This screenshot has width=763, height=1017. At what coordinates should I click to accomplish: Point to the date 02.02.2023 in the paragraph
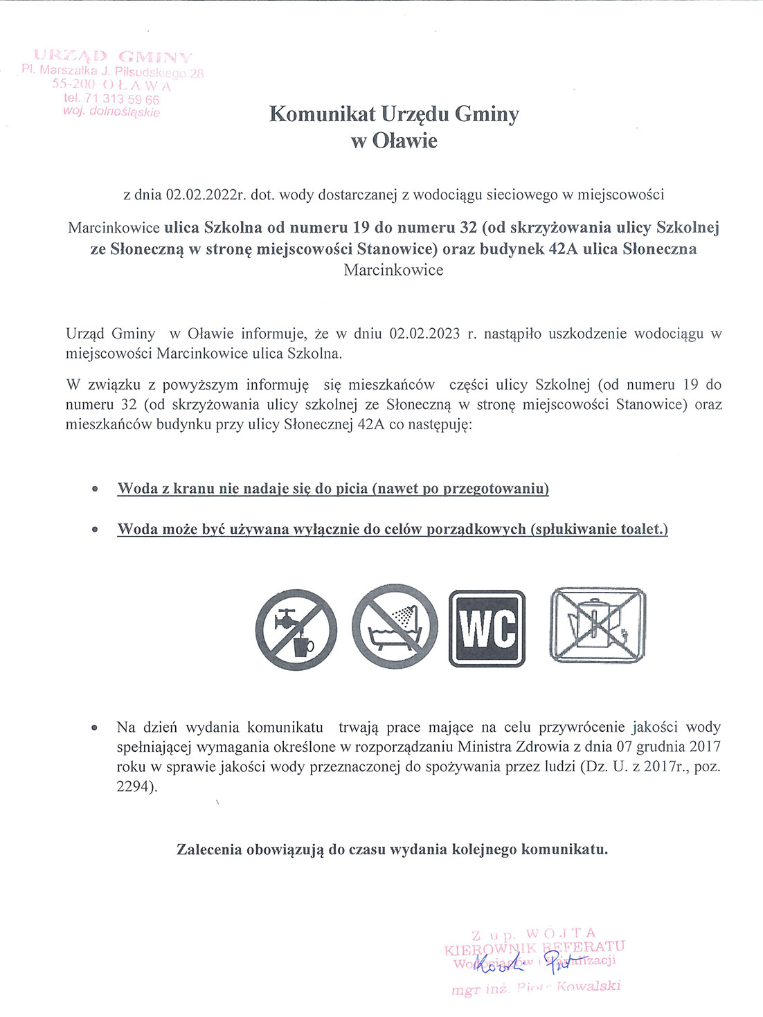click(424, 334)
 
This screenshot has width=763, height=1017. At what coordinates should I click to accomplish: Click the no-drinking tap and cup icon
click(296, 629)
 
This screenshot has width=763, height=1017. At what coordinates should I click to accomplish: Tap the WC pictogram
click(487, 629)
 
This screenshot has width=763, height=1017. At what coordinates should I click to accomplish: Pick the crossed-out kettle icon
click(598, 625)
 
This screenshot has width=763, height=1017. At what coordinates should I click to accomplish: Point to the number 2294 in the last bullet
click(134, 787)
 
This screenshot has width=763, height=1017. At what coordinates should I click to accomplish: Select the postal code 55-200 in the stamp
click(73, 85)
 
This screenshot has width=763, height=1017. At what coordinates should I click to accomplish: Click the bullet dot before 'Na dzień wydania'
click(94, 728)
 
